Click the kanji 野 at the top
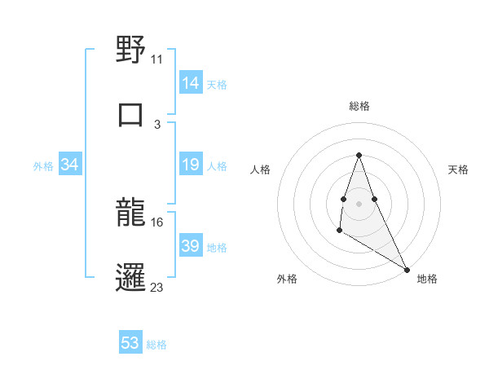click(x=130, y=50)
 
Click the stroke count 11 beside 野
click(x=157, y=59)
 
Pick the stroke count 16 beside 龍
click(x=157, y=222)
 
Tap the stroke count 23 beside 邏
click(x=157, y=286)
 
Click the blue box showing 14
click(x=191, y=83)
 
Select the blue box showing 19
click(x=191, y=165)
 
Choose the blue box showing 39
click(x=191, y=246)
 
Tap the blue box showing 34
click(x=70, y=165)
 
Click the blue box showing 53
click(x=130, y=343)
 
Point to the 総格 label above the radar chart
click(x=359, y=106)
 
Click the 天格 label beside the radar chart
click(x=459, y=169)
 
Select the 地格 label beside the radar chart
click(x=427, y=279)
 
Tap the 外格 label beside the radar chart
click(x=287, y=279)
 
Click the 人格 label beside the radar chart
click(x=261, y=169)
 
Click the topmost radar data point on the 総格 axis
click(x=359, y=155)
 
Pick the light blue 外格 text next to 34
click(x=43, y=165)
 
